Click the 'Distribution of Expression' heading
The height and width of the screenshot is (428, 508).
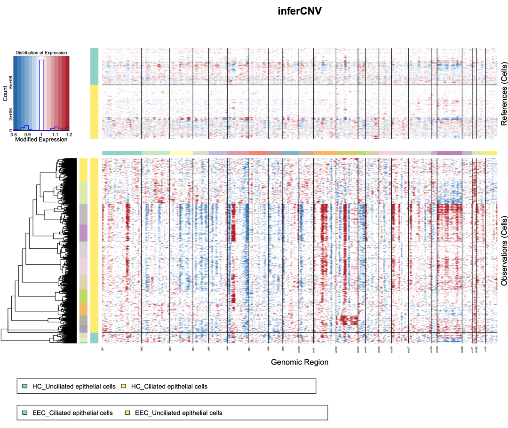coord(41,53)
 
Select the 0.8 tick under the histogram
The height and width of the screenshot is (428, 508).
coord(14,135)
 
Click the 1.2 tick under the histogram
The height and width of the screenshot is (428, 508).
coord(69,135)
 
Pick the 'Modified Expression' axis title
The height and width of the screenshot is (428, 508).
coord(41,140)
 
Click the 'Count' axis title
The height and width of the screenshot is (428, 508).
coord(5,93)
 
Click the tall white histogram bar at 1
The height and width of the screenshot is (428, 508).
coord(41,94)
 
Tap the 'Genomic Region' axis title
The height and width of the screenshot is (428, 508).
coord(300,362)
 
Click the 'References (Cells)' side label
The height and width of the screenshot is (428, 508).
coord(504,93)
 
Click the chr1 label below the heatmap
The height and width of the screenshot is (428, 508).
coord(103,349)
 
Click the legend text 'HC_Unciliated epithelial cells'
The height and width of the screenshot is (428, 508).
coord(73,387)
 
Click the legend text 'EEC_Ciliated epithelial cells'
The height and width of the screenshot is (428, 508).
coord(72,413)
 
